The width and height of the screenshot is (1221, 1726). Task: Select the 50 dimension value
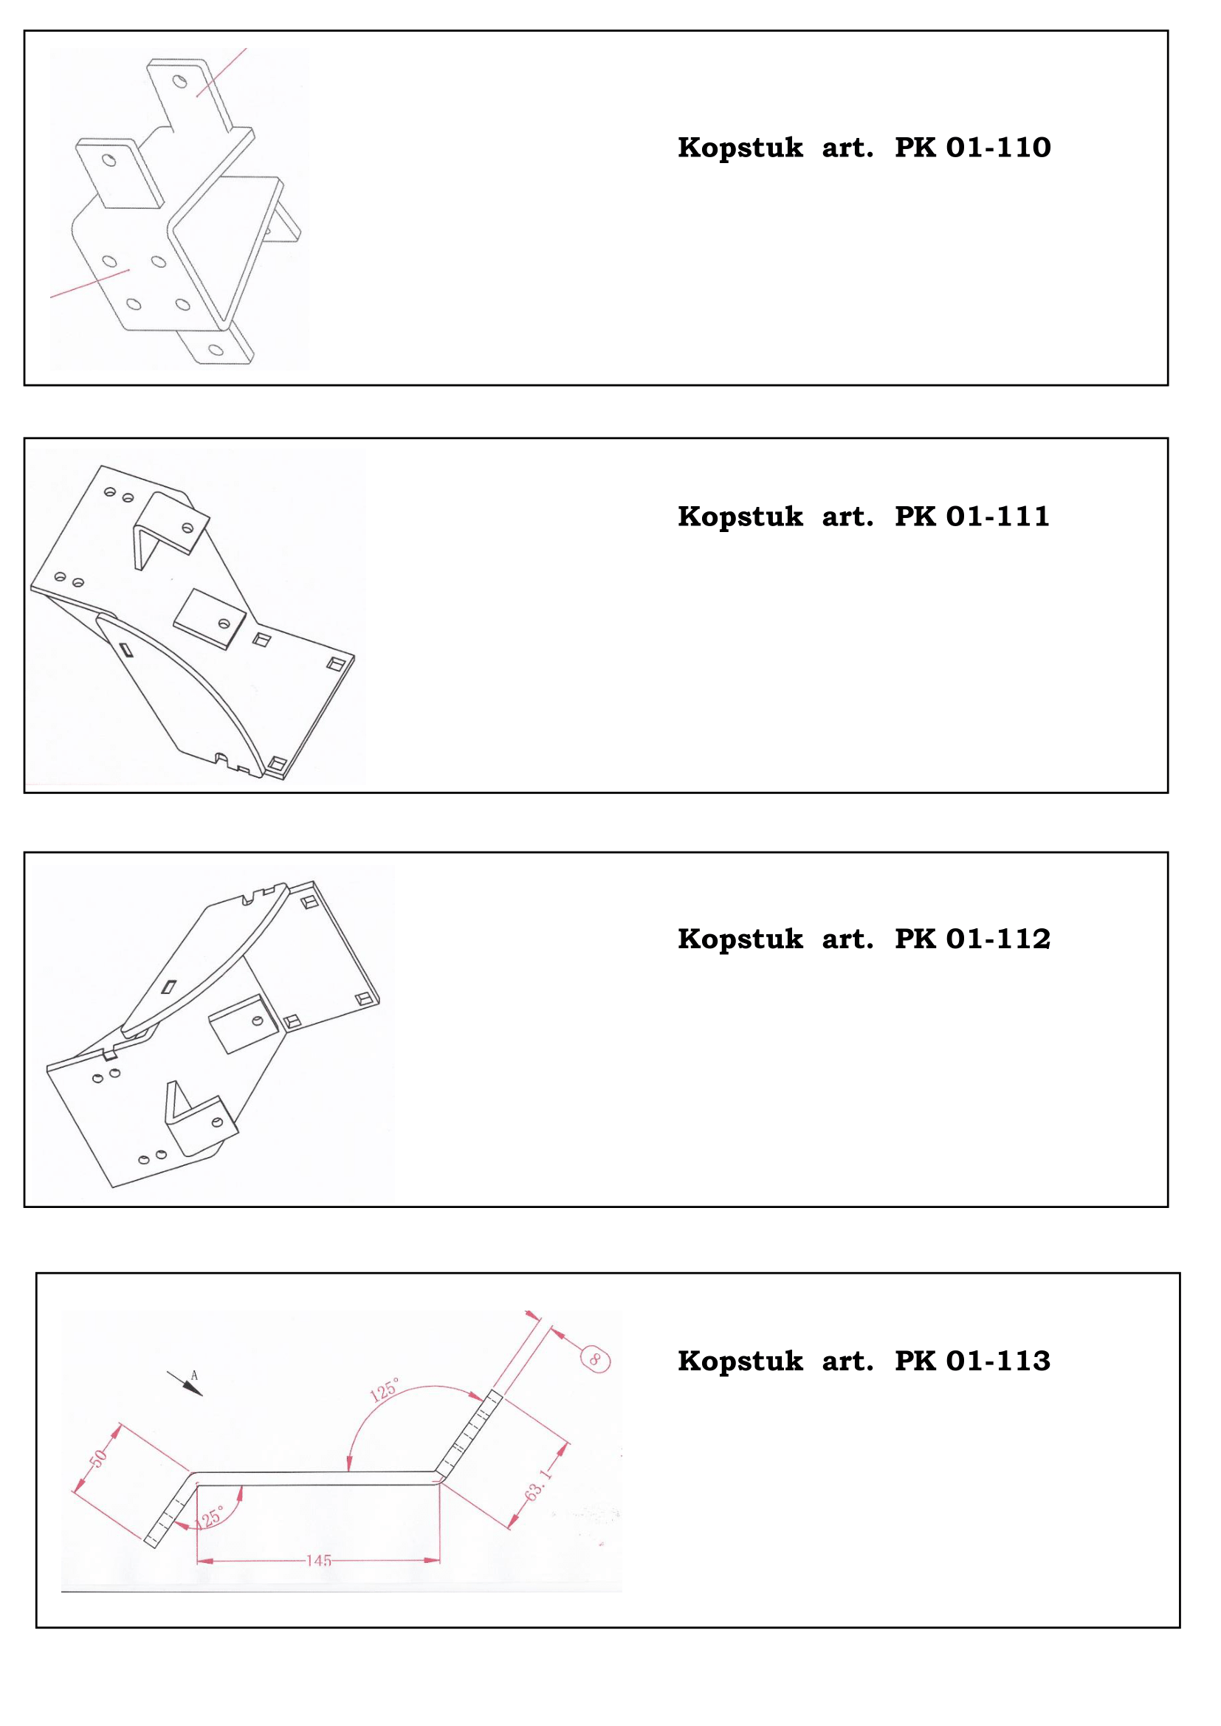[98, 1458]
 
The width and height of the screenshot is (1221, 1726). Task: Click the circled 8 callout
[596, 1359]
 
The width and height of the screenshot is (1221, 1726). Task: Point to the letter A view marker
[194, 1375]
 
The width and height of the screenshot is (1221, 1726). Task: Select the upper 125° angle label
[384, 1390]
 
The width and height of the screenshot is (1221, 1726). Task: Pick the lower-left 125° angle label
[209, 1518]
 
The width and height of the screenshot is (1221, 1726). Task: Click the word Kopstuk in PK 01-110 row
[740, 148]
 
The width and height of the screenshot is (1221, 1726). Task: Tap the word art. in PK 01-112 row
[847, 939]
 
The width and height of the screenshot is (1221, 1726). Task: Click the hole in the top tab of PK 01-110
[180, 81]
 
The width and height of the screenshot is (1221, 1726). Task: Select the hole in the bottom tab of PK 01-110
[216, 350]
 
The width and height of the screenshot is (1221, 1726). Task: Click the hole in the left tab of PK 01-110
[109, 160]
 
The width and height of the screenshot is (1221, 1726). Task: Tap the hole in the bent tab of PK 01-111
[188, 528]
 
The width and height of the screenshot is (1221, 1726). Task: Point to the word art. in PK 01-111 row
[847, 517]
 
